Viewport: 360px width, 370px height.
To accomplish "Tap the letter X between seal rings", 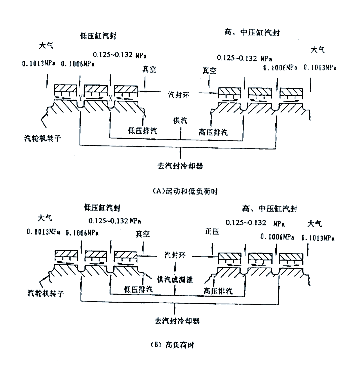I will pos(110,97).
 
